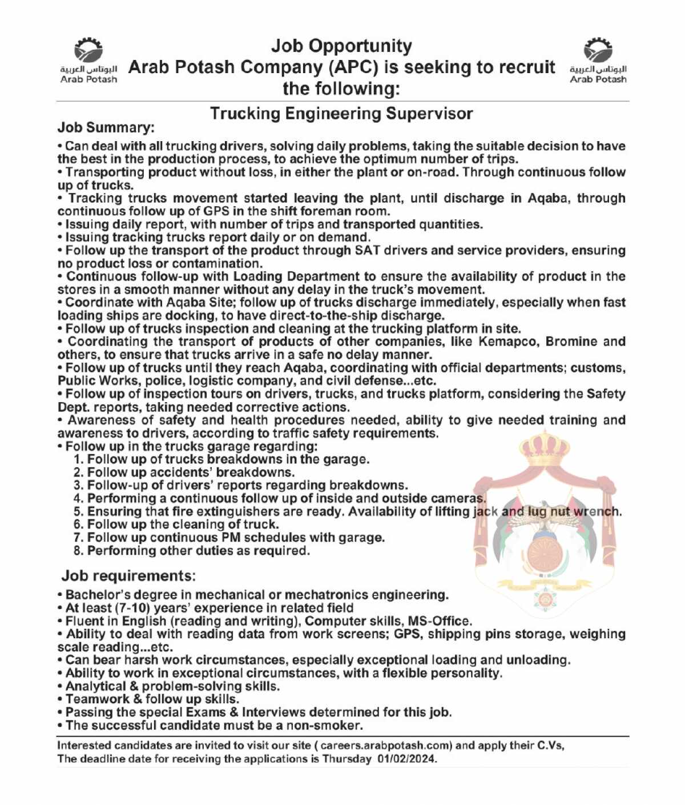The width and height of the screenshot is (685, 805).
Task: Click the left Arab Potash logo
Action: point(88,60)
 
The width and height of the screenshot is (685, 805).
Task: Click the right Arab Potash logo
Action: point(598,60)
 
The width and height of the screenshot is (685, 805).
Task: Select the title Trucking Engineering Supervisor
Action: point(341,114)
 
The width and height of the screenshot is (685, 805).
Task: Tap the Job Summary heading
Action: point(106,127)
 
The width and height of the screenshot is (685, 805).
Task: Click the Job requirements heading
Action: point(128,575)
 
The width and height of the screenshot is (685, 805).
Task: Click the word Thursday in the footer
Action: point(346,759)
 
